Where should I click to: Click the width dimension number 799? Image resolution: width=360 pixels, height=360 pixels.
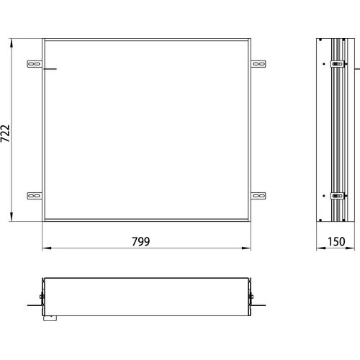[x=141, y=242]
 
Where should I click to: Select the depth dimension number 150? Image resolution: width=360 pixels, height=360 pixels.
[x=336, y=242]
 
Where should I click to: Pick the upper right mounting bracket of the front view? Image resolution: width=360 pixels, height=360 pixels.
[x=257, y=65]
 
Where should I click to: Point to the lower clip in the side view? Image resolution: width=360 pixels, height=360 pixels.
[x=336, y=194]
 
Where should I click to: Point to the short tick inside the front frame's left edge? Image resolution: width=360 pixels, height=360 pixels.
[x=50, y=70]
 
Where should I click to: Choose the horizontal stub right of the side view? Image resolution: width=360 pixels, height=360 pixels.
[x=356, y=69]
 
